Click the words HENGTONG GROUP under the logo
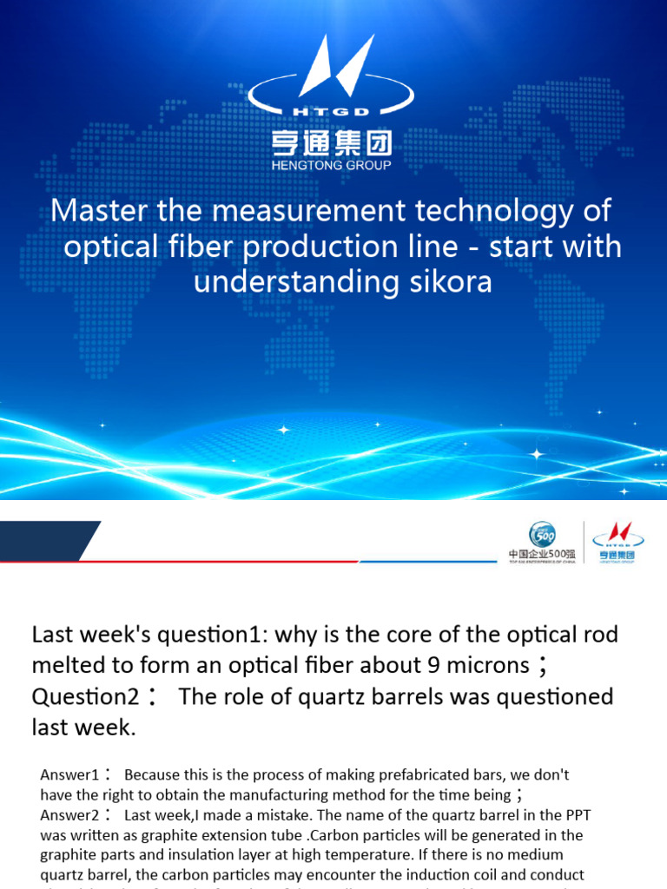click(333, 165)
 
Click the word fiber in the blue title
click(201, 247)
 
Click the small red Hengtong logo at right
click(617, 541)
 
